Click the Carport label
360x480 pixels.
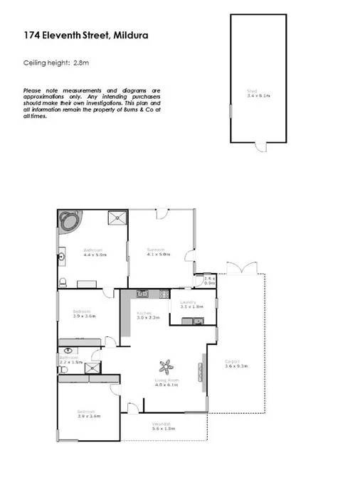point(232,361)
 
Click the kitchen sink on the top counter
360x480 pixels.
point(142,293)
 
